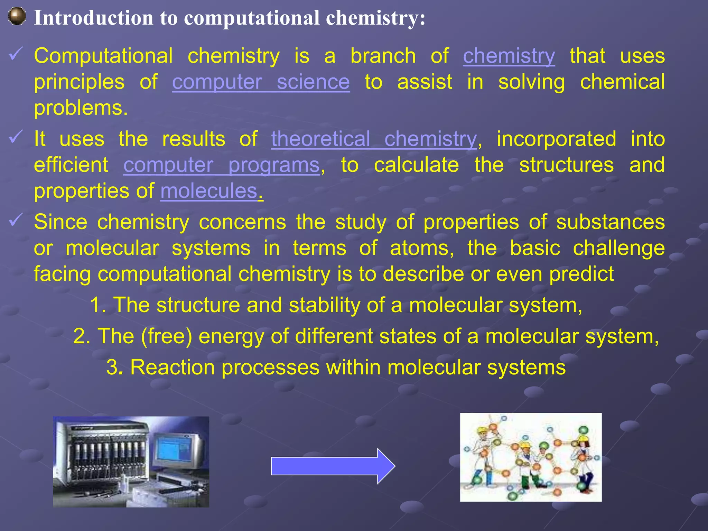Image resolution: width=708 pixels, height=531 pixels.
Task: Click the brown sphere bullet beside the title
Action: (17, 17)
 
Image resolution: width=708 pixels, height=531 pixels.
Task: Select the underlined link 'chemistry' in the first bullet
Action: (509, 56)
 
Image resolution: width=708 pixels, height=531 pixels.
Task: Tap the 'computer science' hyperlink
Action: (261, 82)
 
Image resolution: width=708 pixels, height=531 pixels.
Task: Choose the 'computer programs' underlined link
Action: (221, 165)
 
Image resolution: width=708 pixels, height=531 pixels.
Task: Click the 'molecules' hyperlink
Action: (209, 191)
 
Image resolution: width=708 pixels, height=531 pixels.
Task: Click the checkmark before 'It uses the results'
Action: (16, 137)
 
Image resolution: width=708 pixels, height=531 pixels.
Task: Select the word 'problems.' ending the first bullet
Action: (81, 109)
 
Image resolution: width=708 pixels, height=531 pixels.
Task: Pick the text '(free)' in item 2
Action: (166, 336)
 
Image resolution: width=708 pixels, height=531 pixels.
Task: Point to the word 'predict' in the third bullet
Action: (581, 274)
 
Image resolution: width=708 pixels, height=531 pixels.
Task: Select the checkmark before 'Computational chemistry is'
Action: (16, 54)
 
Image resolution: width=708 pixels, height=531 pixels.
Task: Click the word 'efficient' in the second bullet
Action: (71, 165)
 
